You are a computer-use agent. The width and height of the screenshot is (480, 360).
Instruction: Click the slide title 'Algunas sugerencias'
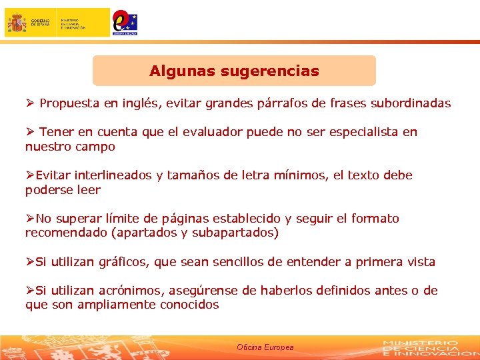click(234, 71)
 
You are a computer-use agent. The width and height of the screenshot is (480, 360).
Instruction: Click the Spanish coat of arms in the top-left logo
click(17, 23)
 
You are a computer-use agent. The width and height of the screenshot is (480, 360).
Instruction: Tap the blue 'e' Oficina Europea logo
click(124, 22)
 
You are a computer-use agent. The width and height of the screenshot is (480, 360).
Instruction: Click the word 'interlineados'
click(114, 175)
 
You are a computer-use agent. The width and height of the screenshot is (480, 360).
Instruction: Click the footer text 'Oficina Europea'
click(265, 348)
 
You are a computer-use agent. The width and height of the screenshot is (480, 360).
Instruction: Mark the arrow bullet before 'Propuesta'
click(30, 103)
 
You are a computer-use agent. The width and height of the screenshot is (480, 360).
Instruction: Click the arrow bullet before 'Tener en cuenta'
click(30, 132)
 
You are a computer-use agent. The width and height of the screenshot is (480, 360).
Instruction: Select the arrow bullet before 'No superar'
click(30, 219)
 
